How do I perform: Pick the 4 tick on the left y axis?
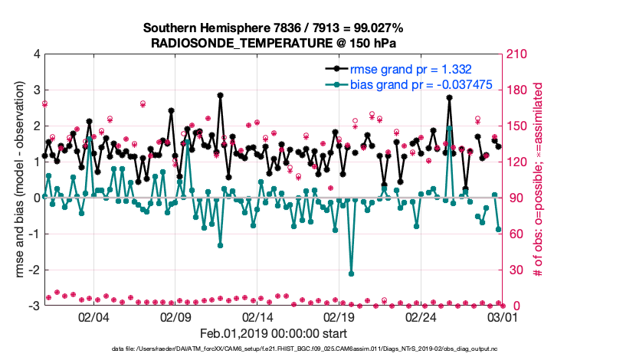click(x=36, y=54)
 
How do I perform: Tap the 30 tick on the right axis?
click(x=511, y=270)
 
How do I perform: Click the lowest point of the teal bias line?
click(x=351, y=273)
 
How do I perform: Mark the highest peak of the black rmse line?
click(x=220, y=96)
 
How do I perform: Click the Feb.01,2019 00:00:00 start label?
click(x=273, y=333)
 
